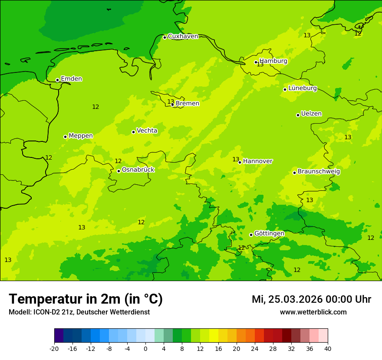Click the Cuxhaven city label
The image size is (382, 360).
pyautogui.click(x=183, y=36)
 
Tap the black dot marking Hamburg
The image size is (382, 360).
pyautogui.click(x=256, y=62)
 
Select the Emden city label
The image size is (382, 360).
pyautogui.click(x=71, y=79)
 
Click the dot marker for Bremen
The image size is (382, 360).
pyautogui.click(x=172, y=105)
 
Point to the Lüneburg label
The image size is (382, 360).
pyautogui.click(x=302, y=88)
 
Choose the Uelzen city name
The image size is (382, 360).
pyautogui.click(x=311, y=114)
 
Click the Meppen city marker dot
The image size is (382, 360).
pyautogui.click(x=66, y=137)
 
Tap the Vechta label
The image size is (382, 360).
pyautogui.click(x=147, y=131)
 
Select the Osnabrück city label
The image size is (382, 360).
pyautogui.click(x=138, y=170)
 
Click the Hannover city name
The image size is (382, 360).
pyautogui.click(x=257, y=161)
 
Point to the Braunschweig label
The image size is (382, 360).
pyautogui.click(x=319, y=172)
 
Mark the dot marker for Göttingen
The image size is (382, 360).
pyautogui.click(x=251, y=235)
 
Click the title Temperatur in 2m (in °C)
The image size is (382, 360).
pyautogui.click(x=86, y=299)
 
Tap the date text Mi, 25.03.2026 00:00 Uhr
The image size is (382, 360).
pyautogui.click(x=311, y=300)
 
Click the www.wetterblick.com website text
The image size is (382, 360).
pyautogui.click(x=313, y=312)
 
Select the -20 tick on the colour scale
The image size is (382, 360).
pyautogui.click(x=54, y=349)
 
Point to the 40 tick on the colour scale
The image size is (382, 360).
pyautogui.click(x=327, y=349)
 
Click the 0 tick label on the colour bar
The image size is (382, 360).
pyautogui.click(x=145, y=349)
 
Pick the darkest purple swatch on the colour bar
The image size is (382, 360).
pyautogui.click(x=59, y=336)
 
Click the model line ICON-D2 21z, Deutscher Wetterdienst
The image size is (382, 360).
pyautogui.click(x=79, y=312)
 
